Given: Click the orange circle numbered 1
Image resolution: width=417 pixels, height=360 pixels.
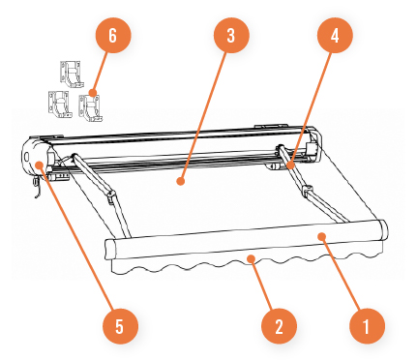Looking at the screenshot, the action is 367,326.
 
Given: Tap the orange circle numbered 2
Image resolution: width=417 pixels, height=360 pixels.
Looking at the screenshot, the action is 279,326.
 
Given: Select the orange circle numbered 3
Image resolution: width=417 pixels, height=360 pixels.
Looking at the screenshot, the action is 231,36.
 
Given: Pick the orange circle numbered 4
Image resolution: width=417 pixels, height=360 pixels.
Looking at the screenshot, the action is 335,36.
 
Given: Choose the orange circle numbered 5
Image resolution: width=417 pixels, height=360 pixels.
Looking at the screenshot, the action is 120,326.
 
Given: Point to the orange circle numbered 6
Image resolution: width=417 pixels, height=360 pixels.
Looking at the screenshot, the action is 113,36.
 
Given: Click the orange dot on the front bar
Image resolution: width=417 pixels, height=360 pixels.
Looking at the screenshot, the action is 321,236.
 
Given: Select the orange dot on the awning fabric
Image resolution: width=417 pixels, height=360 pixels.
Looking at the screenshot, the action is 181,181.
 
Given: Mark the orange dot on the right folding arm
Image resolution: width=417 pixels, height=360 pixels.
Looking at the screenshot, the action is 290,165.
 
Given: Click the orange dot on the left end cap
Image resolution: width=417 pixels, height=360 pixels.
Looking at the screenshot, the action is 40,165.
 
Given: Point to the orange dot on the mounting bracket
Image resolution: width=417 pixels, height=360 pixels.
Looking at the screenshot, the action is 93,93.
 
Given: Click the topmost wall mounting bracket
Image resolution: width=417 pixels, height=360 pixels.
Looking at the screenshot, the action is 72,75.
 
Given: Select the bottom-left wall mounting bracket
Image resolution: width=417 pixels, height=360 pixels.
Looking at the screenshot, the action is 60,105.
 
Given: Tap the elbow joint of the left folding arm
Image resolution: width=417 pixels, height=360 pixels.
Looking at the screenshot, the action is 111,195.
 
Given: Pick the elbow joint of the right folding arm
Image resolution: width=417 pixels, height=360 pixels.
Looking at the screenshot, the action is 307,191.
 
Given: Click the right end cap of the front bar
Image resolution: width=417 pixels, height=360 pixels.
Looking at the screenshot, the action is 384,229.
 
